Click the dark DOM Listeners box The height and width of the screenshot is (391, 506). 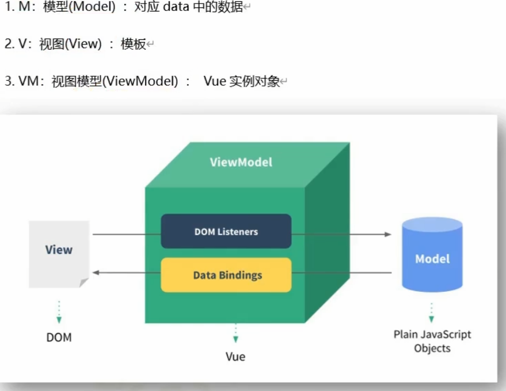(x=226, y=231)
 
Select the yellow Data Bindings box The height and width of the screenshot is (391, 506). (x=226, y=275)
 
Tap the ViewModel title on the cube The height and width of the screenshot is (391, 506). (x=241, y=162)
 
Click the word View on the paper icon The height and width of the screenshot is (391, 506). (x=59, y=250)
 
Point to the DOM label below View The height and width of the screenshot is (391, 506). (x=59, y=337)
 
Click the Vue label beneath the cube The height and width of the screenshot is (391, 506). (x=235, y=356)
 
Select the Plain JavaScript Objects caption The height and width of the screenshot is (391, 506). (x=432, y=341)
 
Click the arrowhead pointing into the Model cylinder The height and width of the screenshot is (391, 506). (x=387, y=234)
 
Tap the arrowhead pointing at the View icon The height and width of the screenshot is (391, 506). (x=97, y=272)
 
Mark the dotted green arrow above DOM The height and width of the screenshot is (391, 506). (x=59, y=312)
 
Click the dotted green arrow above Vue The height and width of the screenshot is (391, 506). (x=235, y=334)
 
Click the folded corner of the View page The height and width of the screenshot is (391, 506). (x=84, y=282)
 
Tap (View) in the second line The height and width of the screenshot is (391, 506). (x=84, y=44)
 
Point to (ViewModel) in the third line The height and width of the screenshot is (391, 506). (x=140, y=81)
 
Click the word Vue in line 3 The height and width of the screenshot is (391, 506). (x=214, y=81)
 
